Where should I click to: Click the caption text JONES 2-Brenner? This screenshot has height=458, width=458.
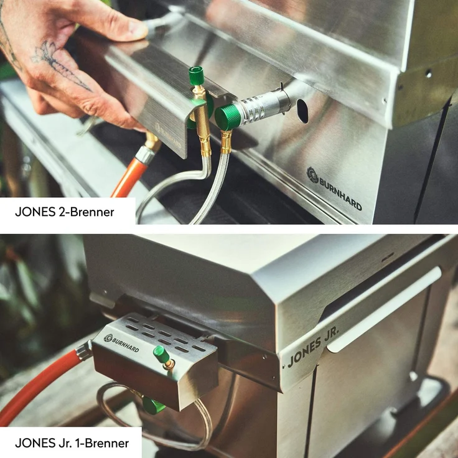pos(65,212)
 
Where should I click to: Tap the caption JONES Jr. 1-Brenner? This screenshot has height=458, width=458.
pos(72,443)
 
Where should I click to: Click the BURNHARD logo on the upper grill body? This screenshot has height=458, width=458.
pos(334,189)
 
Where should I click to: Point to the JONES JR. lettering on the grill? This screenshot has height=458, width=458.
pos(314,347)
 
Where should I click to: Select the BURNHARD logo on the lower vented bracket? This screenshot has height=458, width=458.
pos(121,343)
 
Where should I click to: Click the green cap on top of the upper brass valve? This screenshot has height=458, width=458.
pos(196,75)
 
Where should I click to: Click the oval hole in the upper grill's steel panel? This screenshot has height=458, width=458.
pos(302,111)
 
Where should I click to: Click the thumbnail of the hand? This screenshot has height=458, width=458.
pos(138,29)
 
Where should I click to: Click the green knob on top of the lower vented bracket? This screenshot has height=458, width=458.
pos(161,354)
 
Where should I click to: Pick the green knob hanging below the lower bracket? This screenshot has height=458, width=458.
pos(154,406)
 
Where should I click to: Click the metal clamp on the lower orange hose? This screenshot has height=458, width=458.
pos(84,350)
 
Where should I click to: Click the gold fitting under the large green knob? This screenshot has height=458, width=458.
pos(226,142)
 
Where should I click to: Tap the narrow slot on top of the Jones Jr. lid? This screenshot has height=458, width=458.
pos(388,258)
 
